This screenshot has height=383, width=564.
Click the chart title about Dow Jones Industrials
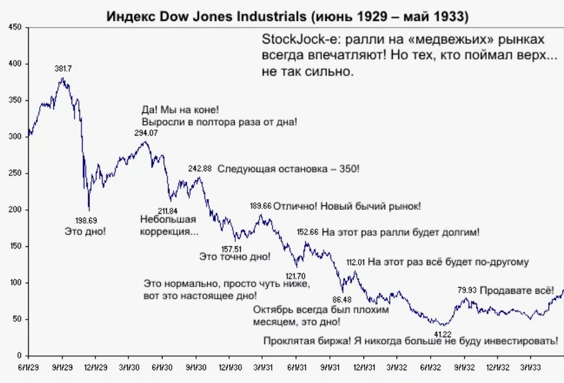coord(287,16)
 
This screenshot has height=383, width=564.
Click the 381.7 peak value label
coord(63,69)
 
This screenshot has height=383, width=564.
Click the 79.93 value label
coord(467,290)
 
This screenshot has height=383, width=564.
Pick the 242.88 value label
coord(200,169)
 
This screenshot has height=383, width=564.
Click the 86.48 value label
coord(341,299)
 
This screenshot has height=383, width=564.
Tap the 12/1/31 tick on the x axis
coord(364,366)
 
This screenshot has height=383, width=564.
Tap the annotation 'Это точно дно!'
coord(235,257)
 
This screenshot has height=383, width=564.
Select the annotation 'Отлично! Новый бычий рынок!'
coord(347,206)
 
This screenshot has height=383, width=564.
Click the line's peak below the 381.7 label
coord(63,79)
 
